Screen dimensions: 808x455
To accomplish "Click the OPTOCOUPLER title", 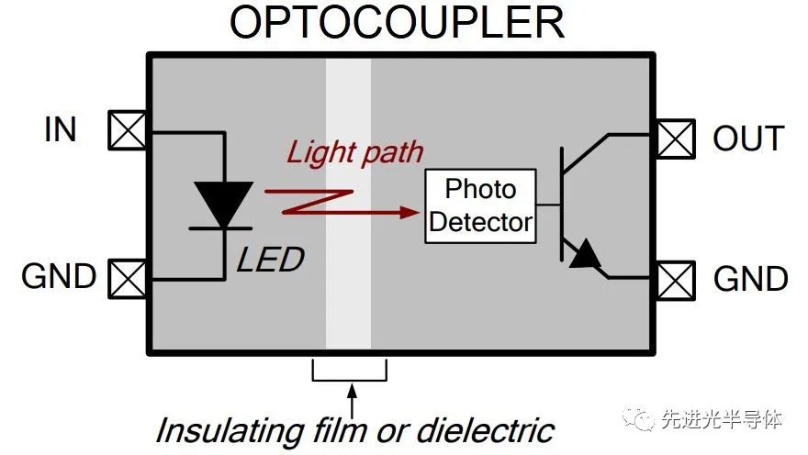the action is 397,22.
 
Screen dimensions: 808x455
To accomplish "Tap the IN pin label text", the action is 61,129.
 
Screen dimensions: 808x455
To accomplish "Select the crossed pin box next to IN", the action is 127,130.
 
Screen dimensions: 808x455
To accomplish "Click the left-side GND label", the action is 59,276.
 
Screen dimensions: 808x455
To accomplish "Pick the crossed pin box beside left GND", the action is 127,280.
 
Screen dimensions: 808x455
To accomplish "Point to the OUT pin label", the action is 748,139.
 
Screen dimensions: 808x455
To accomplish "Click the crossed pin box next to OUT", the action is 676,139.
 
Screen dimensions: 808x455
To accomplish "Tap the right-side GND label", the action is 751,279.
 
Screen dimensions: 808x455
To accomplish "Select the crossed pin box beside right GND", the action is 676,281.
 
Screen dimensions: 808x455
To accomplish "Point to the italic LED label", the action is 271,260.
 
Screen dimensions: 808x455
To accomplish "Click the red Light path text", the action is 354,153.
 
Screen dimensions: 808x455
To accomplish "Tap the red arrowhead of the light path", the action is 410,212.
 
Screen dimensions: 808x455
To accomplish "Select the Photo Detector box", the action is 480,205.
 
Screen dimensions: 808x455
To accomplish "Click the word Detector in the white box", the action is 480,222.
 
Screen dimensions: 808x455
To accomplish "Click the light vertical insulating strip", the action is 348,204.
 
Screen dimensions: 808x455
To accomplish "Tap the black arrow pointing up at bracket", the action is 352,402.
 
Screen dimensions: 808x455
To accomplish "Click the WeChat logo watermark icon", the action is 639,419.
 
